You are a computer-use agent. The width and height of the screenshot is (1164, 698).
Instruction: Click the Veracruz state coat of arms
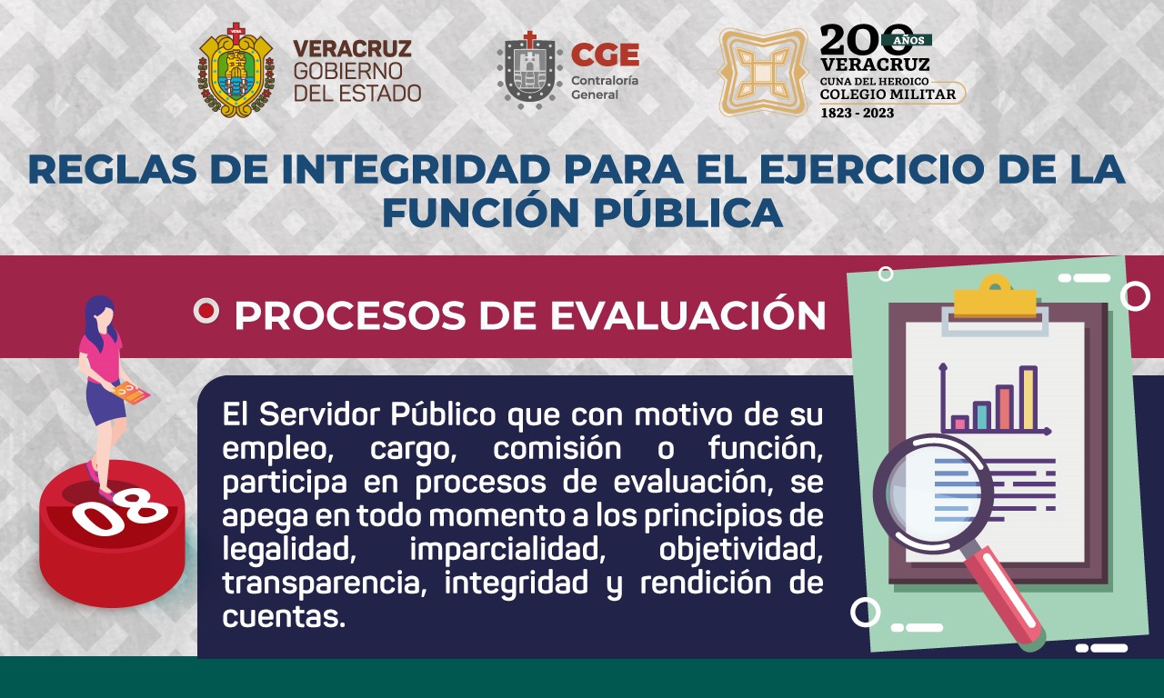pos(237,70)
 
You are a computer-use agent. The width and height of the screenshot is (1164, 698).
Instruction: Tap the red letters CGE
pos(605,55)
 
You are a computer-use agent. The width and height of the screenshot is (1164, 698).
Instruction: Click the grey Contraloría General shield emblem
pos(529,71)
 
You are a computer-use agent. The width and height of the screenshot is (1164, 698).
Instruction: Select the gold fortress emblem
pos(762,72)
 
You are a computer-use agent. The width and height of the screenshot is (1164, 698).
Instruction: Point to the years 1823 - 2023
pos(857,113)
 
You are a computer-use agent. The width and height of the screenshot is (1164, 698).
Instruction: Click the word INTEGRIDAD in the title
pos(416,169)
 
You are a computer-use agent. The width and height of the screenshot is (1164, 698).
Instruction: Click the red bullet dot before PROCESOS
pos(206,311)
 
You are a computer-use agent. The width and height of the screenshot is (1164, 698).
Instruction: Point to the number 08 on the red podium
pos(120,512)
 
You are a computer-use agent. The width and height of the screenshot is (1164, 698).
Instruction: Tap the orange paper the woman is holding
pos(132,394)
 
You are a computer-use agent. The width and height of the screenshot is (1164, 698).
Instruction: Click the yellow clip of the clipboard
pos(995,297)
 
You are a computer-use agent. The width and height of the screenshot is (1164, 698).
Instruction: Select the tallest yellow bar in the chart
pos(1029,398)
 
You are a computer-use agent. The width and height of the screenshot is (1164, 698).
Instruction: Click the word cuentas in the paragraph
pos(284,616)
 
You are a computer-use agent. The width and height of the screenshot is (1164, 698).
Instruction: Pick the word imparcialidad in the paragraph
pos(507,550)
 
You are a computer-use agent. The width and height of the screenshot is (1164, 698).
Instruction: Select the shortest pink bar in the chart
pos(959,424)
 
